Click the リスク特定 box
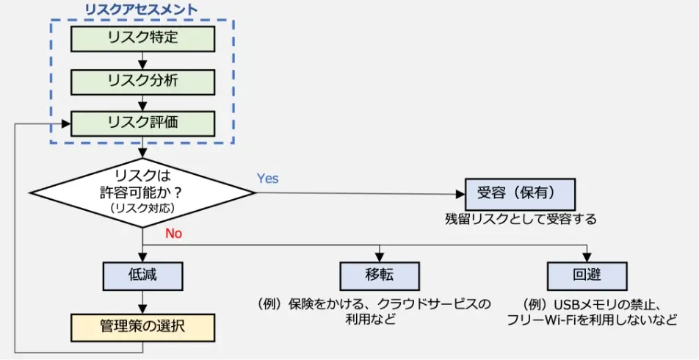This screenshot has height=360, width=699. pyautogui.click(x=142, y=37)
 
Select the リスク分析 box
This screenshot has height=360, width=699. pyautogui.click(x=142, y=80)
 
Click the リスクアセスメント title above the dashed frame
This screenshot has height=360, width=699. pyautogui.click(x=141, y=10)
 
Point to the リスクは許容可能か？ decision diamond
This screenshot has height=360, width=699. pyautogui.click(x=142, y=192)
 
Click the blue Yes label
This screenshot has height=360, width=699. pyautogui.click(x=267, y=179)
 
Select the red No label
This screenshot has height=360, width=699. pyautogui.click(x=173, y=234)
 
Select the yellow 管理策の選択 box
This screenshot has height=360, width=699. pyautogui.click(x=142, y=327)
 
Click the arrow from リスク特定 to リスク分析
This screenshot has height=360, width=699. pyautogui.click(x=142, y=60)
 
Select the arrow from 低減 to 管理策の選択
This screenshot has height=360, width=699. pyautogui.click(x=142, y=300)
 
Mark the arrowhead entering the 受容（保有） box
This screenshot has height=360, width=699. pyautogui.click(x=460, y=194)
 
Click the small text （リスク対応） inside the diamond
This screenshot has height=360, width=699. pyautogui.click(x=142, y=209)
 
